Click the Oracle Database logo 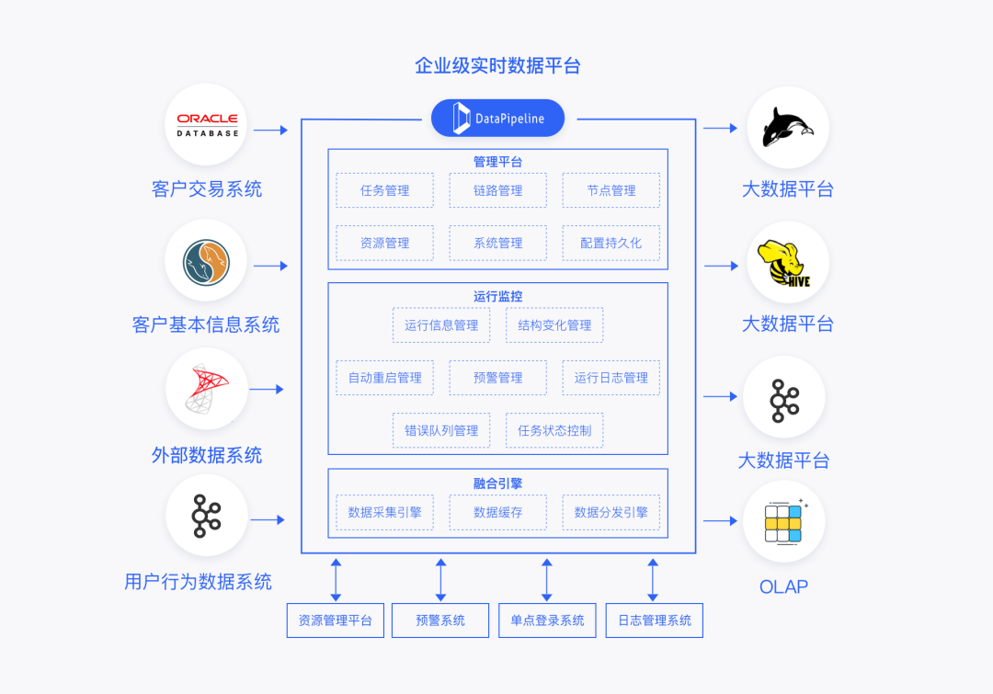(207, 125)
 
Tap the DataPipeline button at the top (497, 118)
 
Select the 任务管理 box (384, 190)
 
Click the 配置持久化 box (611, 243)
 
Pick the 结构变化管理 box (554, 324)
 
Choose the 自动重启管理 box (384, 377)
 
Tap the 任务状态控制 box (554, 429)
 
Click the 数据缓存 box (497, 512)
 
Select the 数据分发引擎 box (611, 512)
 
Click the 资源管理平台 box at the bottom (334, 620)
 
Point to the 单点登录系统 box (547, 620)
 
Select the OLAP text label (783, 586)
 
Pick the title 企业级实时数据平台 (497, 65)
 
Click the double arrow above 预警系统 (440, 579)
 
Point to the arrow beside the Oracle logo (270, 130)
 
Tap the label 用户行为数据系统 (198, 581)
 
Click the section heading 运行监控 (497, 296)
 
